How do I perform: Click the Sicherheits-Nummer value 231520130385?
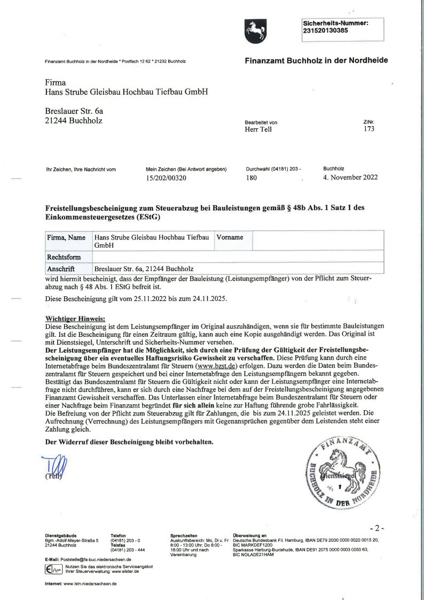[325, 30]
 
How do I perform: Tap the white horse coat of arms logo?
[255, 31]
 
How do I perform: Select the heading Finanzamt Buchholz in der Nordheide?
[316, 60]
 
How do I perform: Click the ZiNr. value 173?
[368, 129]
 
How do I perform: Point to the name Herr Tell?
[258, 129]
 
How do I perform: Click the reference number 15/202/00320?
[166, 178]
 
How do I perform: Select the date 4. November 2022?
[350, 178]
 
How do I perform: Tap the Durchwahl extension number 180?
[252, 178]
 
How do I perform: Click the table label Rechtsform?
[64, 257]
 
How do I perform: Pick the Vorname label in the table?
[230, 237]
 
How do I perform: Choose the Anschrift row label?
[61, 269]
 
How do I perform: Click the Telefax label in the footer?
[118, 545]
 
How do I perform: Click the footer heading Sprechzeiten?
[184, 535]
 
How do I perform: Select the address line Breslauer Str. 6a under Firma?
[74, 111]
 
